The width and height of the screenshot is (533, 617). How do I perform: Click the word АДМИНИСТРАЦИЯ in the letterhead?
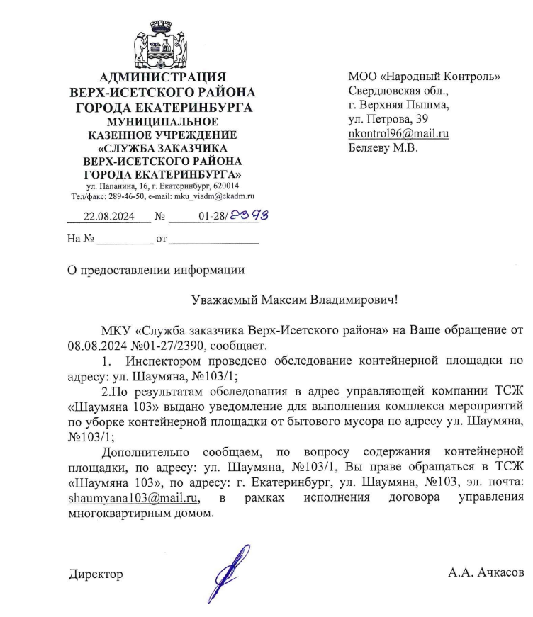[162, 77]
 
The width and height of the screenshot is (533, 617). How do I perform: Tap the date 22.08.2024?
[108, 217]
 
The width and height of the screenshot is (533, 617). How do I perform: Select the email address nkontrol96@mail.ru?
[398, 133]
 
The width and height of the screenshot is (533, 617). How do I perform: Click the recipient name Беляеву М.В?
[383, 148]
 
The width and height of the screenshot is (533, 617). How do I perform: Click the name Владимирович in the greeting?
[352, 300]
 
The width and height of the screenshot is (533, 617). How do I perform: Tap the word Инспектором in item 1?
[157, 361]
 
